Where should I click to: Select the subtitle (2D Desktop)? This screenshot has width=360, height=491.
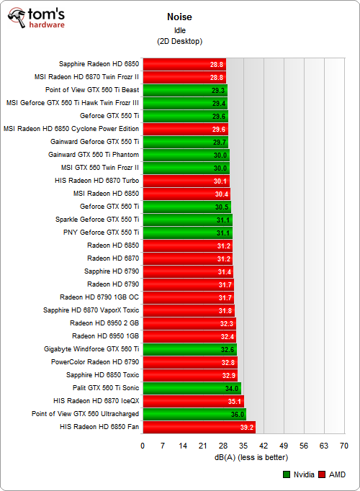(x=179, y=42)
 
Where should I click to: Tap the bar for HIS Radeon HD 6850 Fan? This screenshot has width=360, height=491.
(x=199, y=427)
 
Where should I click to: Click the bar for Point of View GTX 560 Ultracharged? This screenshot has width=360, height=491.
(x=194, y=414)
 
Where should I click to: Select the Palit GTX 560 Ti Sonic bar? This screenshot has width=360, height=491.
(x=192, y=388)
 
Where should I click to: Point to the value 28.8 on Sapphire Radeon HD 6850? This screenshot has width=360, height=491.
(x=217, y=64)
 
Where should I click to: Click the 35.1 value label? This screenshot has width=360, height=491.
(x=235, y=401)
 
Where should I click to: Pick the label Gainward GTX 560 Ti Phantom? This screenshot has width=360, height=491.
(x=94, y=155)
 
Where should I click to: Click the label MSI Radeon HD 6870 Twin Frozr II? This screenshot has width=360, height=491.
(x=86, y=77)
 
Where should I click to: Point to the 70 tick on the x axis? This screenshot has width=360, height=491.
(x=344, y=446)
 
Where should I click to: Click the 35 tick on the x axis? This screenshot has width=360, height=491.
(x=243, y=446)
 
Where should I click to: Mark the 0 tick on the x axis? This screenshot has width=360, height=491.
(x=143, y=446)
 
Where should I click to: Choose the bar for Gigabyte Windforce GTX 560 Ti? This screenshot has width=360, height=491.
(x=189, y=349)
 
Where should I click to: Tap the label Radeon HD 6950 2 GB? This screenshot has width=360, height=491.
(x=105, y=323)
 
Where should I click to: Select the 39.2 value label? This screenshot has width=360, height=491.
(x=247, y=427)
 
